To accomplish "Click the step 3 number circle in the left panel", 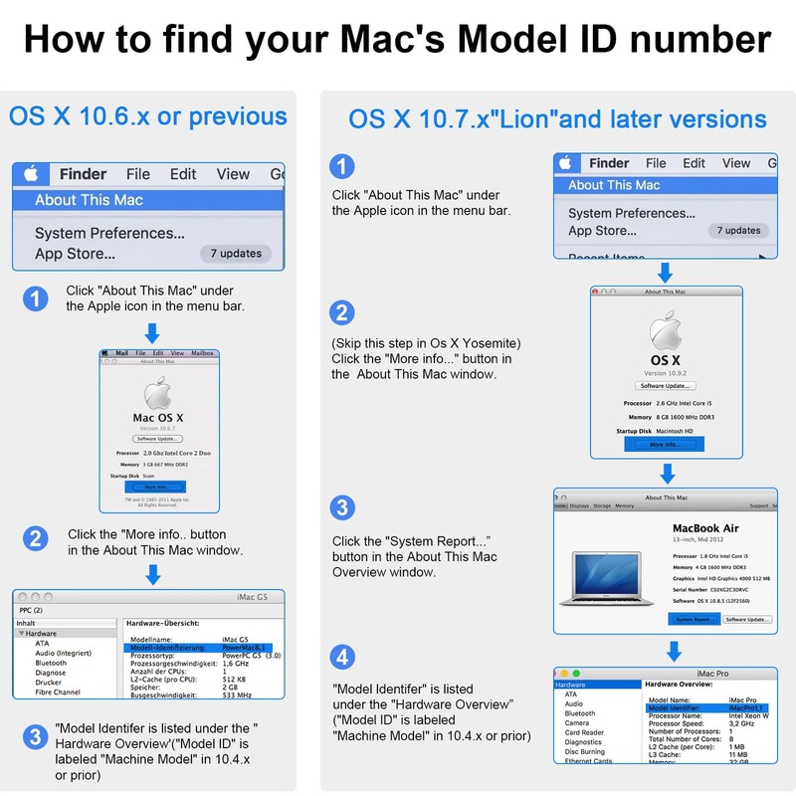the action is pos(36,736).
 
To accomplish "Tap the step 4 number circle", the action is pos(342,657).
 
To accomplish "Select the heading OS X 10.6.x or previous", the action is pos(148,115).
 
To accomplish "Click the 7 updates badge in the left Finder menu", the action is pos(236,254).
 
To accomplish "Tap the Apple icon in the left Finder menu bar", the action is pos(31,174).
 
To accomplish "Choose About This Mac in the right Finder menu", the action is pos(614,185).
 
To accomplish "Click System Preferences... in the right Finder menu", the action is pos(632,213).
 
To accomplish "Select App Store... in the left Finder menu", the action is pos(75,254).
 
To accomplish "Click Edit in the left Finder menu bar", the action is pos(183,174).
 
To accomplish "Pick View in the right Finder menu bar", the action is pos(736,163).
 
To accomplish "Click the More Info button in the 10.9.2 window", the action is pos(666,445).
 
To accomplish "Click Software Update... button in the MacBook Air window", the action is pos(747,619).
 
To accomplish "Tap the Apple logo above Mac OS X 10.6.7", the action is pos(157,393).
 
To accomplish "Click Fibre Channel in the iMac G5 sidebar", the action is pos(58,692).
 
